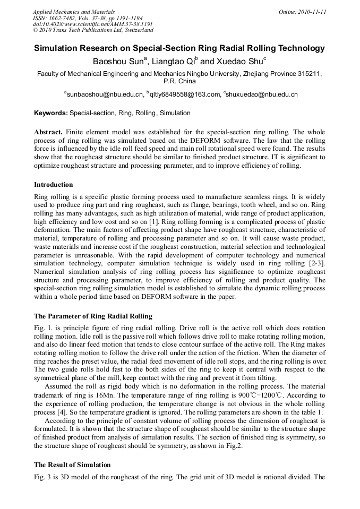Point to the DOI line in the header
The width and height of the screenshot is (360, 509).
click(x=93, y=24)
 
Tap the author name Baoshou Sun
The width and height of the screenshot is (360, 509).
click(x=118, y=62)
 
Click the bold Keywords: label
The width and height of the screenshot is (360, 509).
click(x=51, y=113)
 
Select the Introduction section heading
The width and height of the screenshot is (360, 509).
click(x=54, y=185)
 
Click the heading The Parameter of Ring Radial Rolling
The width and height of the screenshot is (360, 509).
click(x=93, y=316)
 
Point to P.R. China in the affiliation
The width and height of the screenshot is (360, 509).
click(x=179, y=82)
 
